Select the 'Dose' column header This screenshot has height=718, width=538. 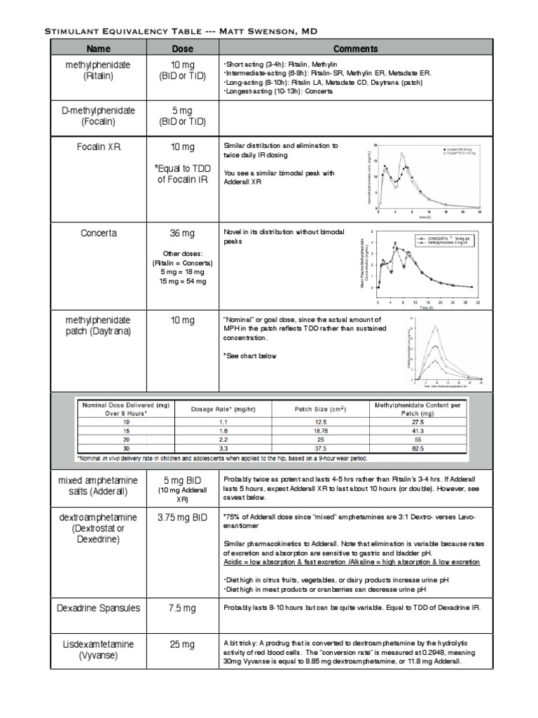(x=183, y=49)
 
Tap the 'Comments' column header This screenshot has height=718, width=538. (x=355, y=49)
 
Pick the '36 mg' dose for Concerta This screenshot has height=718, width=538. (x=183, y=233)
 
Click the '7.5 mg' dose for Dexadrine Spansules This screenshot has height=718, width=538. (x=183, y=607)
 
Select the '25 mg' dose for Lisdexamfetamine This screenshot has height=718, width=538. (x=183, y=644)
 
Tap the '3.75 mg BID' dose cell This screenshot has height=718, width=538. (x=183, y=517)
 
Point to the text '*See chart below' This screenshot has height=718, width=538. (x=249, y=355)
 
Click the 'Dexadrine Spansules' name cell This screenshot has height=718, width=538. (x=98, y=607)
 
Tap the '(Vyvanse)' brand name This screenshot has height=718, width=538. (x=98, y=656)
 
